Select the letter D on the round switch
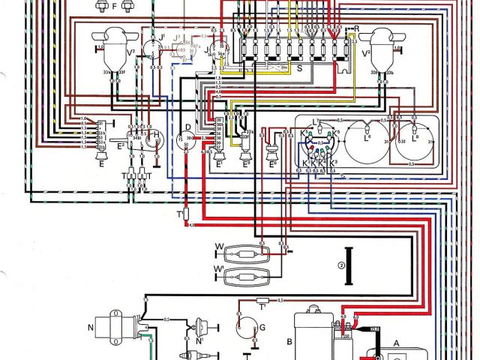click(188, 127)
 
